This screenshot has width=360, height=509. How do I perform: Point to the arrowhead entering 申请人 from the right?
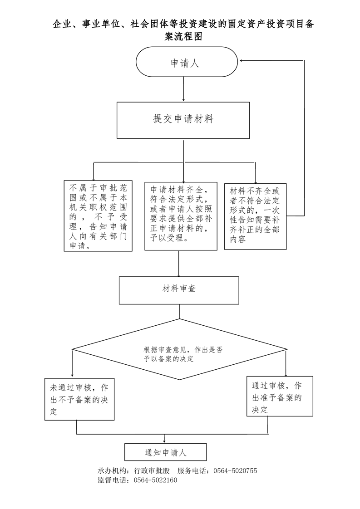point(241,61)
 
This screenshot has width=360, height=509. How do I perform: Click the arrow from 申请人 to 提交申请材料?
point(184,89)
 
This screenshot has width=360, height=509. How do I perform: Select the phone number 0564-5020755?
point(235,471)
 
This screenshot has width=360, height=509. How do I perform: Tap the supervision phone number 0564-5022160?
point(156,480)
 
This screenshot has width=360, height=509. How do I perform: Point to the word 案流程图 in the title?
point(183,36)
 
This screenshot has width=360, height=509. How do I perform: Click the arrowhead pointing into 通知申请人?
point(165,441)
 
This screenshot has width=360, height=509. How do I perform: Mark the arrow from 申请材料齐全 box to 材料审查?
point(179,264)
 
